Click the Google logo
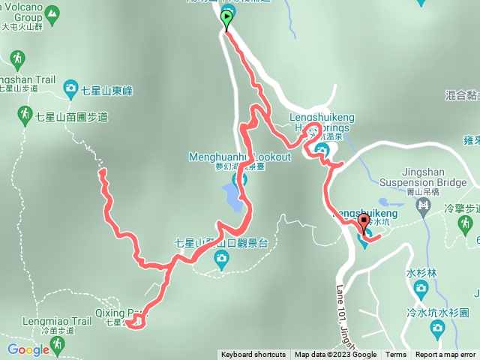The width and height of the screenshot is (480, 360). point(28,349)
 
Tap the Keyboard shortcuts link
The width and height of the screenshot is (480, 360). point(253,355)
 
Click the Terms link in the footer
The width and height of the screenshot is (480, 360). point(396,355)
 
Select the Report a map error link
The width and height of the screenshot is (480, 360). point(447,355)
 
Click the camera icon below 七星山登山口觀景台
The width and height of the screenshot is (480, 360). point(220,259)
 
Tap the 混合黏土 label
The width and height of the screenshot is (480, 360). point(462,95)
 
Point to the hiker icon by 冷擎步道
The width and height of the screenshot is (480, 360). point(465,223)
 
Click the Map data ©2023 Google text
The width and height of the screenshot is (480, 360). point(335,355)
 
